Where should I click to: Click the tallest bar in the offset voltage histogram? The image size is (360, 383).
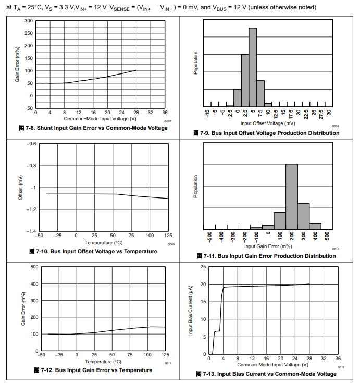coord(253,67)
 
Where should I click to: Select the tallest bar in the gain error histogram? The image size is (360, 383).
coord(292,196)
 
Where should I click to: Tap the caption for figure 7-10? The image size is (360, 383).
coord(93,251)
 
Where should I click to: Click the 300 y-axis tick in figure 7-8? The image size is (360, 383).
coord(29,21)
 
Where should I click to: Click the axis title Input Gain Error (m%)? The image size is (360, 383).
coord(267,246)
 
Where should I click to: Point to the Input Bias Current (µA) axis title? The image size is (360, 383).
coord(191,310)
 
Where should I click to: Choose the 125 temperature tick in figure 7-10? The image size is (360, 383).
coord(168,236)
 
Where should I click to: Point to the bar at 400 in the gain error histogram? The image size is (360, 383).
coord(315,226)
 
